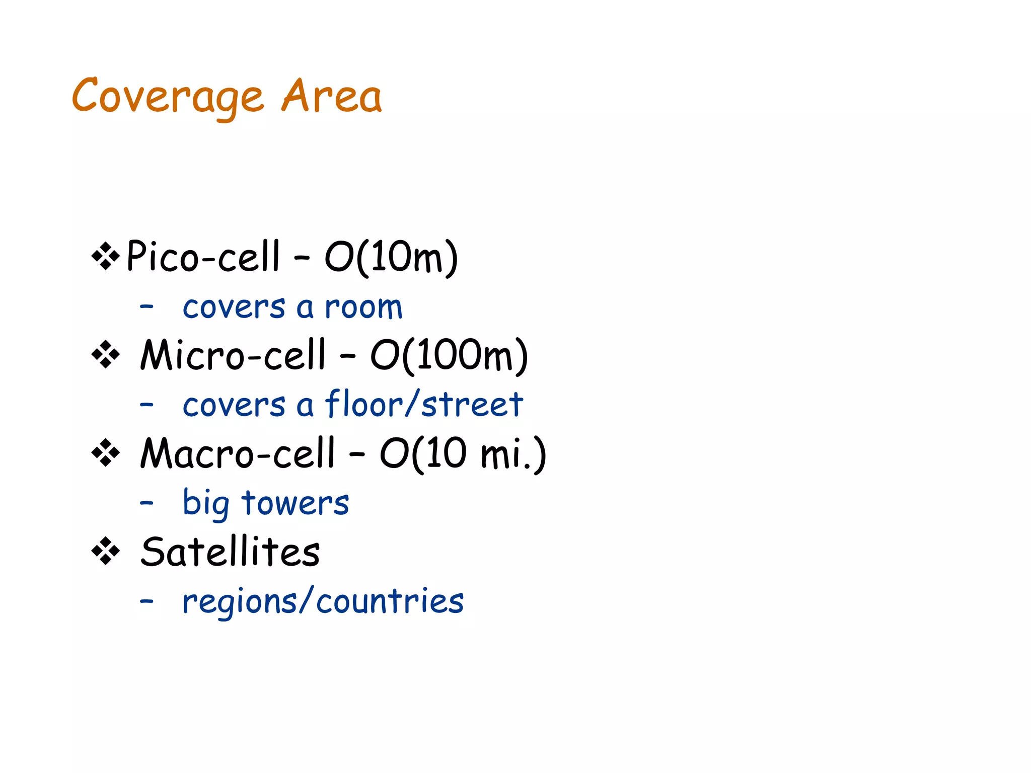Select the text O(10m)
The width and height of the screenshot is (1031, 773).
pos(391,257)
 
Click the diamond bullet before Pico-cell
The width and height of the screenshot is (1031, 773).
pos(106,256)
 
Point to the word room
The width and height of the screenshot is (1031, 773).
pos(363,307)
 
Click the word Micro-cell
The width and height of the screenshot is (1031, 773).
pos(233,355)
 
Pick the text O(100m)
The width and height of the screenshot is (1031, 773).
pos(449,355)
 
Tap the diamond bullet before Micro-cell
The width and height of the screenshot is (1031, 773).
pos(106,355)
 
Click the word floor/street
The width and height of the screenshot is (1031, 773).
pos(424,404)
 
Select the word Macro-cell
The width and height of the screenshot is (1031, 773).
pos(237,453)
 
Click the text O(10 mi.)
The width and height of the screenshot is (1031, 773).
pos(463,453)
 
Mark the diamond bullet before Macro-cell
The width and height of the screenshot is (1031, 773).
pos(106,453)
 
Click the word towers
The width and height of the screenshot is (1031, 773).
pos(295,503)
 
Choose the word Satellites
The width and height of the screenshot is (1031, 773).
pos(230,552)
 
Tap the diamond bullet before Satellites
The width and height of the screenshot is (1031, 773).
pos(106,552)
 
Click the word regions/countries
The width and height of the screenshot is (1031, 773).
pos(323,601)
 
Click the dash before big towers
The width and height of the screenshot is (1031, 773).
pos(146,503)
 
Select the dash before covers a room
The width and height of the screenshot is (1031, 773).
pos(146,306)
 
